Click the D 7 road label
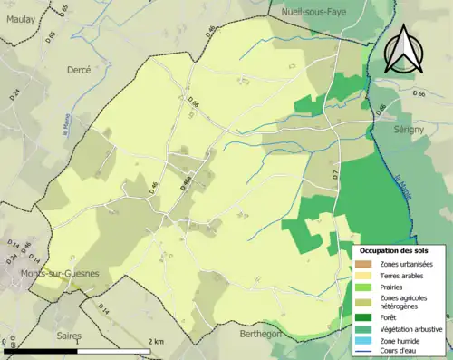[334, 172]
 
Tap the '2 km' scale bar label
[156, 341]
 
